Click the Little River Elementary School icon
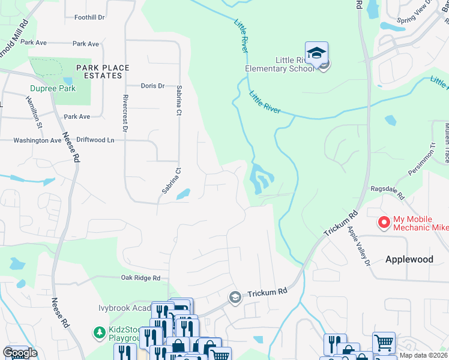pos(316,53)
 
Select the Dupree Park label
pos(53,88)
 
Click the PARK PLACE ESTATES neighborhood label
pos(102,72)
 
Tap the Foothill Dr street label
pos(89,17)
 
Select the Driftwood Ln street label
pos(94,140)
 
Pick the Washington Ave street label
pos(38,140)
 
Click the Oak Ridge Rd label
pos(140,278)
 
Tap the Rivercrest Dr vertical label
pos(125,113)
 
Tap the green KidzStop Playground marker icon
pos(98,332)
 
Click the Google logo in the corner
pos(20,353)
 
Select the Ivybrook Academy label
pos(123,308)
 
